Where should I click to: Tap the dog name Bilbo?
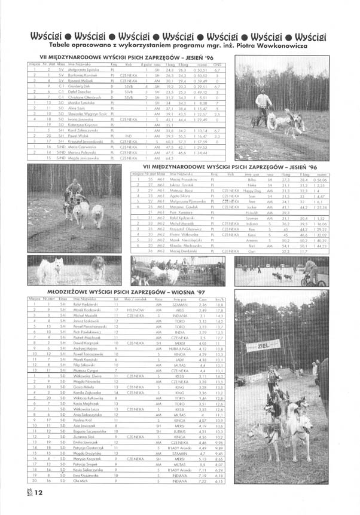coord(252,179)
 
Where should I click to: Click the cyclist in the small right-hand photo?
coord(311,272)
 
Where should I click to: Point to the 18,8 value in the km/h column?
coord(219,305)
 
